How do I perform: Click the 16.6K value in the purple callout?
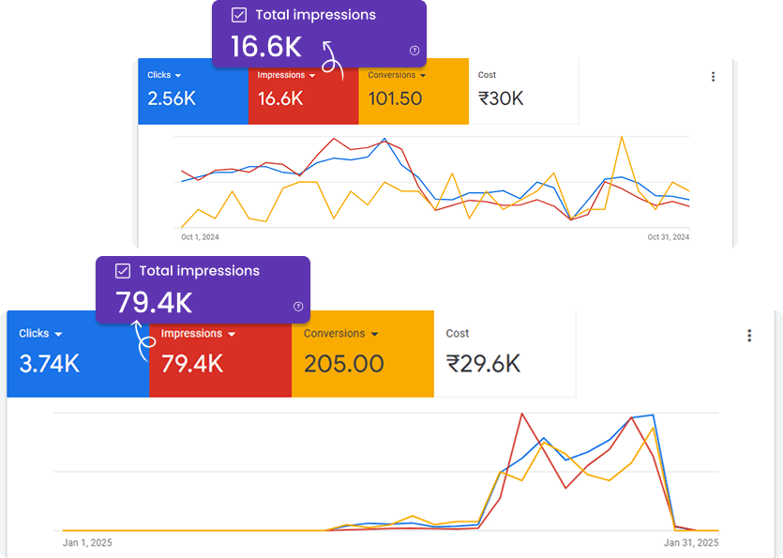point(266,46)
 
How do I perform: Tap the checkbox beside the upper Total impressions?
point(239,15)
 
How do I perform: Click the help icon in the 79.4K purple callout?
point(298,306)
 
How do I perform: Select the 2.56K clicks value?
point(171,98)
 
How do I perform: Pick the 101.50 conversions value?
point(395,98)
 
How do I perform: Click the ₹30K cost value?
point(501,98)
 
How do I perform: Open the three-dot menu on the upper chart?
point(713,77)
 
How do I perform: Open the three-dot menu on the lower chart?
point(749,336)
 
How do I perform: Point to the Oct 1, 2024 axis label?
point(200,237)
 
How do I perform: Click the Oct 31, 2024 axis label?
point(668,237)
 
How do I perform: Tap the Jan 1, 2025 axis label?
point(88,542)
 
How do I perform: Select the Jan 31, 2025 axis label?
point(692,542)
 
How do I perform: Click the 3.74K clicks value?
point(50,363)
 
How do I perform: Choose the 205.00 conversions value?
point(344,363)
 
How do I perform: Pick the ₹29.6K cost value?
point(483,363)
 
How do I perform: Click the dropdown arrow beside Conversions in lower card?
point(375,335)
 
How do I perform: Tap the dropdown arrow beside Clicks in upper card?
point(178,76)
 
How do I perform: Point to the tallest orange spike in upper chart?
point(621,138)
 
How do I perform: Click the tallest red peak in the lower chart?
point(520,414)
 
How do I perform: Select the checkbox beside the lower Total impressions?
point(123,271)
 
